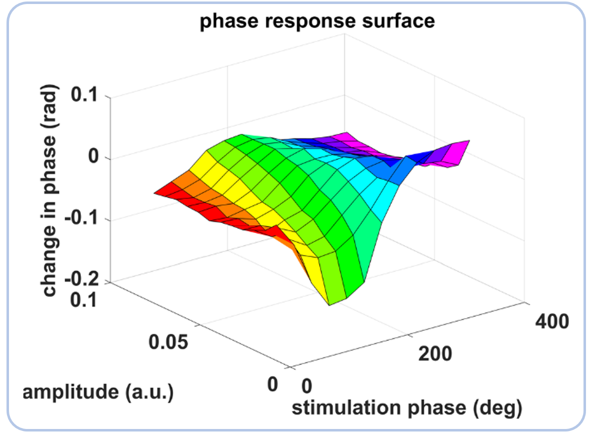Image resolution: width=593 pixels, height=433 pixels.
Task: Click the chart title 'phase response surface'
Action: (x=317, y=22)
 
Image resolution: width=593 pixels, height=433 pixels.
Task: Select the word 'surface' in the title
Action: (x=403, y=22)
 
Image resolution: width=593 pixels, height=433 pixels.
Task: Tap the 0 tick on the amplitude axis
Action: (x=272, y=385)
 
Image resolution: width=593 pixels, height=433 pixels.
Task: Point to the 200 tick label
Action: (x=435, y=354)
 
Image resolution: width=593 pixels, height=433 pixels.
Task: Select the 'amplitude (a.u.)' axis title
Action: (x=98, y=392)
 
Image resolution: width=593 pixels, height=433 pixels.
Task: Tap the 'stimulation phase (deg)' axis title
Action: (x=407, y=408)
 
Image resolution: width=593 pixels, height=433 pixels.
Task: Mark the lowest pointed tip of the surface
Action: (x=329, y=305)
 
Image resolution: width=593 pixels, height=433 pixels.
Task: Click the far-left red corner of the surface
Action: (x=155, y=193)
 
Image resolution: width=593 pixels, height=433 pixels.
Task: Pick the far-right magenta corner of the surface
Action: (x=469, y=141)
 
